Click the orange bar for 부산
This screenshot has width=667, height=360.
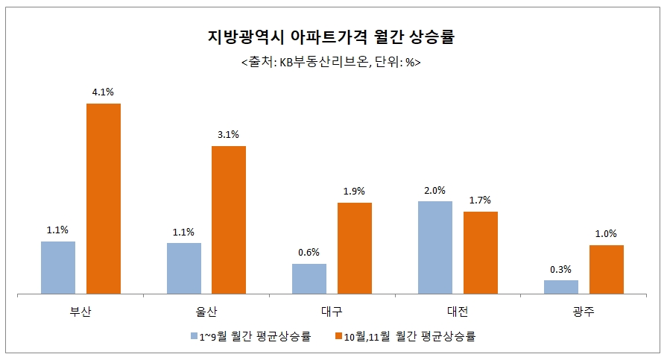tap(104, 198)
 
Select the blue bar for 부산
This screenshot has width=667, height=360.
tap(58, 268)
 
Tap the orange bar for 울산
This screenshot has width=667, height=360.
tap(229, 220)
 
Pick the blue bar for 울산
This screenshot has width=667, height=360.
tap(184, 268)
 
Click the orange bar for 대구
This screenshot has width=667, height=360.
tap(355, 248)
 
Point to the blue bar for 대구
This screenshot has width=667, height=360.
tap(309, 279)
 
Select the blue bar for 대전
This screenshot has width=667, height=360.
tap(435, 247)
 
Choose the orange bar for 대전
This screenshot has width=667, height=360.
tap(481, 253)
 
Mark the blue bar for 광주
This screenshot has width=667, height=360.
tap(561, 287)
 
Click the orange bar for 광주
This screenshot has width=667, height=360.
tap(607, 269)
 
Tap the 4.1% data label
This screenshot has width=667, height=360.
tap(104, 92)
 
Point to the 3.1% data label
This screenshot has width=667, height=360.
tap(229, 135)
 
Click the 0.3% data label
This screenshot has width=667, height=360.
tap(561, 269)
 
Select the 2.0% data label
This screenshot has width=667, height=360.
tap(435, 190)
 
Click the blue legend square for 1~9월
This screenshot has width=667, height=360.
tap(193, 336)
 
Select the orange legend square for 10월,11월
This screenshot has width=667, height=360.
tap(338, 336)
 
